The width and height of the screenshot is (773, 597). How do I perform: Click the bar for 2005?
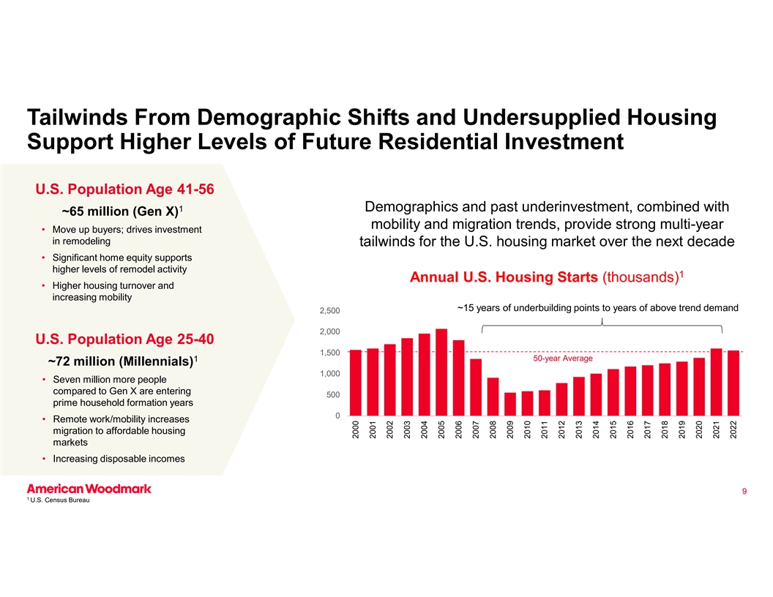[x=441, y=372]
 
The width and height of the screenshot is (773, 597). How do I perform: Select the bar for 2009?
[x=510, y=404]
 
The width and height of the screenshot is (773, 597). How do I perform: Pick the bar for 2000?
[x=356, y=383]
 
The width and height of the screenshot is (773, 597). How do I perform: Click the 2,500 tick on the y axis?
[x=329, y=312]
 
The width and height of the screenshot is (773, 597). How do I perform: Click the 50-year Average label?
[x=562, y=358]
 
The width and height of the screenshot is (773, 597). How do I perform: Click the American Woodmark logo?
[x=89, y=489]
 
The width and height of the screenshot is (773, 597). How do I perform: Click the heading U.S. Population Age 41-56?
[x=124, y=189]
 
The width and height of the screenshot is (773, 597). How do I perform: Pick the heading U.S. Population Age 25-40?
[x=124, y=339]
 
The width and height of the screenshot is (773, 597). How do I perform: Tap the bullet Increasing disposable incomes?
[x=119, y=459]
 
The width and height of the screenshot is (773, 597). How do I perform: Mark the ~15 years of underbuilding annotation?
[x=597, y=307]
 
